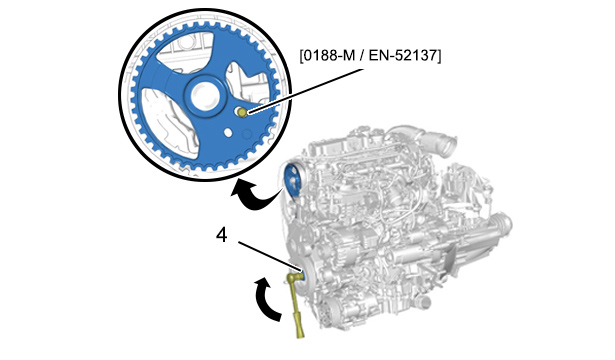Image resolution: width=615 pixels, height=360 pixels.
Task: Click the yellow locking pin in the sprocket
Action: click(x=242, y=113)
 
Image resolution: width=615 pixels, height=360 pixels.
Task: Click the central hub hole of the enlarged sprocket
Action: click(x=203, y=95)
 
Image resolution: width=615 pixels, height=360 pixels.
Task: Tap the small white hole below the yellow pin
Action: click(x=228, y=133)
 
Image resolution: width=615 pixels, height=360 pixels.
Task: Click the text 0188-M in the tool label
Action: click(x=329, y=56)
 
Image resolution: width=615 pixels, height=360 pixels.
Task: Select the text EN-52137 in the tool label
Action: click(x=403, y=56)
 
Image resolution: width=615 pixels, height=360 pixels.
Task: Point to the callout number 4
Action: click(x=222, y=236)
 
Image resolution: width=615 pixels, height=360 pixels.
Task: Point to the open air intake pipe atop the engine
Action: click(x=447, y=146)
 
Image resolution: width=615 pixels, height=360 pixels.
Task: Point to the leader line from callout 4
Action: click(x=270, y=257)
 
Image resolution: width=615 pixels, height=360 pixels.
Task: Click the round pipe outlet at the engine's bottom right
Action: click(x=425, y=303)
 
